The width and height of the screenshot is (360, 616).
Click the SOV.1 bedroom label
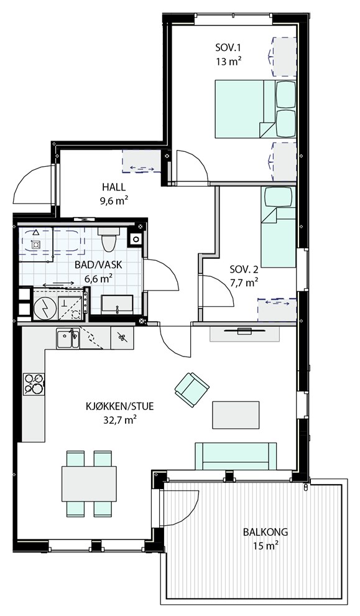(x=228, y=49)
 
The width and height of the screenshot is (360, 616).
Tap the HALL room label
(x=113, y=187)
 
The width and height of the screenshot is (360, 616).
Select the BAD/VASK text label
(x=98, y=265)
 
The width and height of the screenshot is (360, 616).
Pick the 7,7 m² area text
(x=244, y=281)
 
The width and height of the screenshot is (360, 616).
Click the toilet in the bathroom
(x=108, y=239)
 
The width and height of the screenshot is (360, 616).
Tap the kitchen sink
(x=68, y=338)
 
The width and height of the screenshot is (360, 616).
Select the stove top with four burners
(x=34, y=384)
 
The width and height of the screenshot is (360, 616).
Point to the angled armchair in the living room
(x=192, y=390)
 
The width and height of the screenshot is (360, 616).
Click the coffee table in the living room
(x=236, y=415)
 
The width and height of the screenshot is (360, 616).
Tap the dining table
(x=89, y=483)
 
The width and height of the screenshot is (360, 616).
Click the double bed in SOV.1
(x=255, y=109)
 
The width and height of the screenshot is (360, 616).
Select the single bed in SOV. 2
(x=279, y=227)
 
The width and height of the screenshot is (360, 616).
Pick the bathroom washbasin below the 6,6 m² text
(x=117, y=304)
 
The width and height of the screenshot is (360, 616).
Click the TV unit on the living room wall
(x=244, y=334)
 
